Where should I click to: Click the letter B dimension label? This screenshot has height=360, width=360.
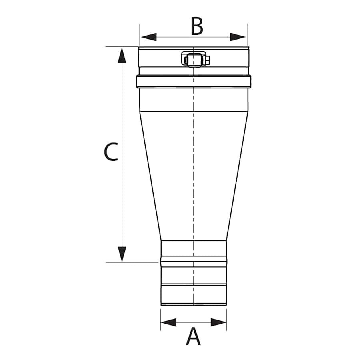coord(197,26)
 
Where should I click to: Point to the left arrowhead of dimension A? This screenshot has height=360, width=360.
coord(168,322)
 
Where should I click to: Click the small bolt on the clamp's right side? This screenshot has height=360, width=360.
coord(208,60)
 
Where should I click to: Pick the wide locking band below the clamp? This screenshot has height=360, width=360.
coord(194,82)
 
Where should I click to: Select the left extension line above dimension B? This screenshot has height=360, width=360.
coord(140,34)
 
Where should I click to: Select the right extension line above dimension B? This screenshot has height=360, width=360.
coord(248,34)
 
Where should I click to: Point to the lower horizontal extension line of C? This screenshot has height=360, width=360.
coord(132,262)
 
